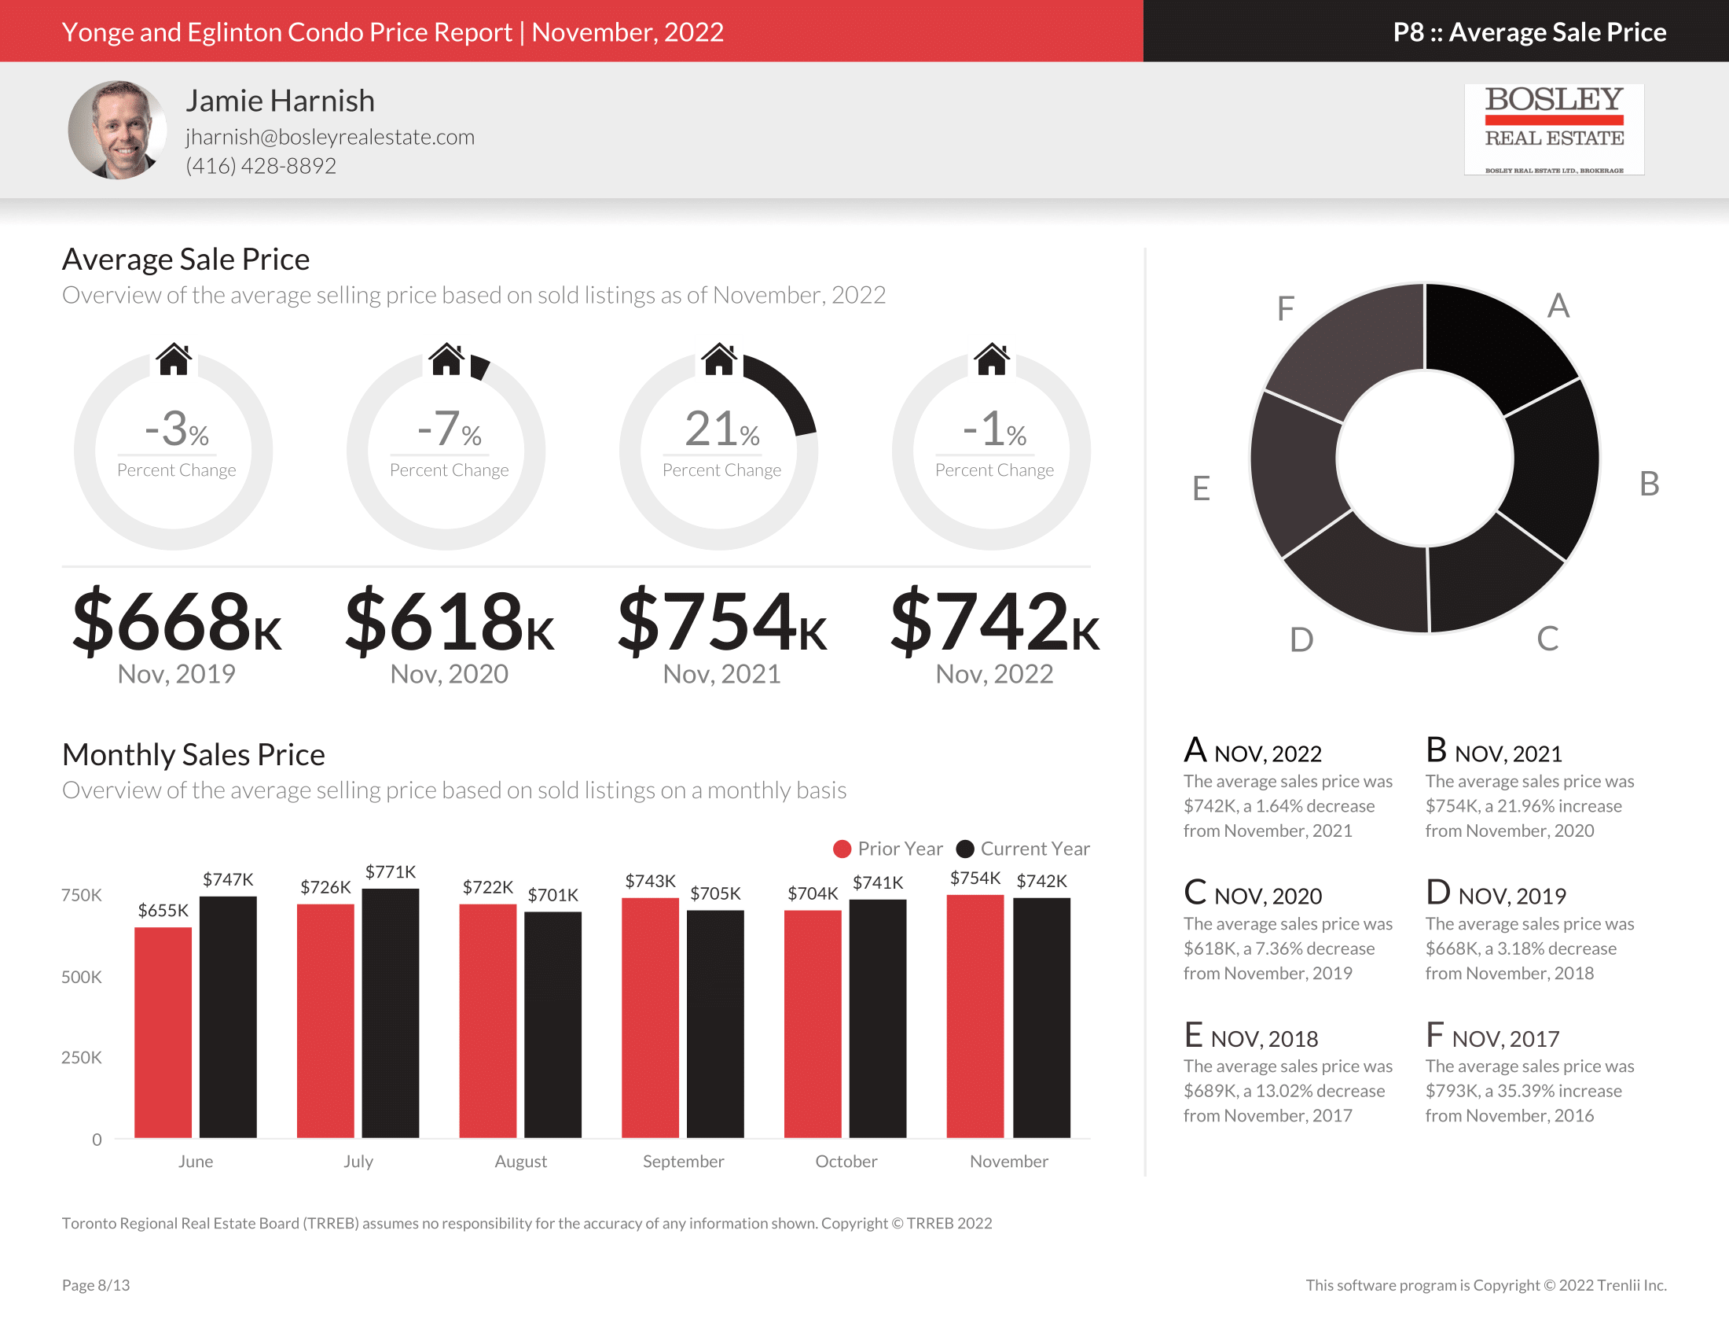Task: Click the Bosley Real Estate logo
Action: pyautogui.click(x=1553, y=129)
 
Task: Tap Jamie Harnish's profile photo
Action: pyautogui.click(x=117, y=130)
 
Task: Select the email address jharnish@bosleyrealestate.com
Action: pyautogui.click(x=330, y=137)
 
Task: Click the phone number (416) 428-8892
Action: pyautogui.click(x=260, y=165)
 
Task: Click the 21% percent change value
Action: pyautogui.click(x=721, y=429)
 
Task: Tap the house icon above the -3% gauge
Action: pyautogui.click(x=174, y=359)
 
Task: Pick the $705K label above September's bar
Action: pyautogui.click(x=715, y=893)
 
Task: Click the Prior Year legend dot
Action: pyautogui.click(x=842, y=849)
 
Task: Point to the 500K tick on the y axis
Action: pyautogui.click(x=82, y=977)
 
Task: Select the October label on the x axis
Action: pyautogui.click(x=846, y=1161)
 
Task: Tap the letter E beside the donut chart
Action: pyautogui.click(x=1201, y=488)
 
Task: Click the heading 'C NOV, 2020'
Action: pyautogui.click(x=1253, y=893)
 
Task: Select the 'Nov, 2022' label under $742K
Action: pyautogui.click(x=993, y=674)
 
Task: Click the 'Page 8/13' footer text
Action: pyautogui.click(x=96, y=1285)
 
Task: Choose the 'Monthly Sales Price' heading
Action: pyautogui.click(x=193, y=754)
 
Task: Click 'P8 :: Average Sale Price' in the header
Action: pyautogui.click(x=1529, y=31)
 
